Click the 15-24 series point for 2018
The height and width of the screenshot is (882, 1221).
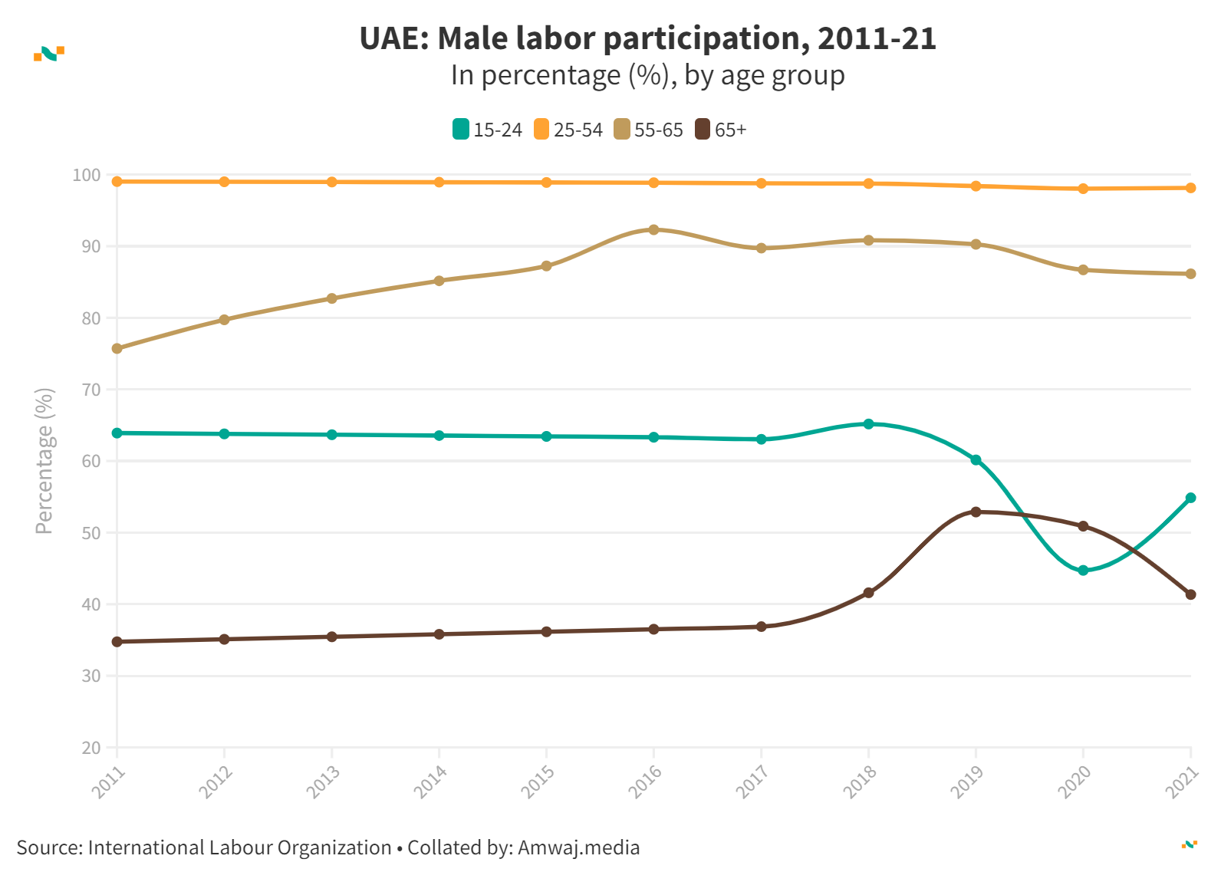pyautogui.click(x=868, y=424)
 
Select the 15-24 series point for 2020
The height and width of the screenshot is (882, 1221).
pyautogui.click(x=1083, y=571)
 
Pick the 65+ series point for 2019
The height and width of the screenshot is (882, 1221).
pyautogui.click(x=976, y=512)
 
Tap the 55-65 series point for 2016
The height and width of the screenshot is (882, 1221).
pyautogui.click(x=653, y=229)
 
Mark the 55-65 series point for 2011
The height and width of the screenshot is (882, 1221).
pyautogui.click(x=117, y=348)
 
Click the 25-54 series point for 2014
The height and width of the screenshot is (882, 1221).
pyautogui.click(x=439, y=183)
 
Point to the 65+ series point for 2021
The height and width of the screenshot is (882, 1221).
pyautogui.click(x=1190, y=594)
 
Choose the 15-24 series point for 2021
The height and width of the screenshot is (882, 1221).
pyautogui.click(x=1190, y=498)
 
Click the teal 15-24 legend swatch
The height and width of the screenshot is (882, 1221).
pyautogui.click(x=460, y=130)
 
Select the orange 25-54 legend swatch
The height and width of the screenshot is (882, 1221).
pyautogui.click(x=541, y=130)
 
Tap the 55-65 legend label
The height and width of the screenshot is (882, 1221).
pyautogui.click(x=658, y=130)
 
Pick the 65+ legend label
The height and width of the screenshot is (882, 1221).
pyautogui.click(x=730, y=130)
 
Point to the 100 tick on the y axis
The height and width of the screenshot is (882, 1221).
pyautogui.click(x=87, y=176)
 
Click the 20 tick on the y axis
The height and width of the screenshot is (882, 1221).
pyautogui.click(x=91, y=748)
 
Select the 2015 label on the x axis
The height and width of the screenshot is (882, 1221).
pyautogui.click(x=538, y=782)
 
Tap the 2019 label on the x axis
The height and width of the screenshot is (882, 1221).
pyautogui.click(x=967, y=782)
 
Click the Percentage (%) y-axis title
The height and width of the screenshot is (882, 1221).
pyautogui.click(x=44, y=460)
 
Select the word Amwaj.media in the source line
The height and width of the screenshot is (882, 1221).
pyautogui.click(x=578, y=847)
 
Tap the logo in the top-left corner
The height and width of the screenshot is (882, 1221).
pyautogui.click(x=49, y=54)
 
